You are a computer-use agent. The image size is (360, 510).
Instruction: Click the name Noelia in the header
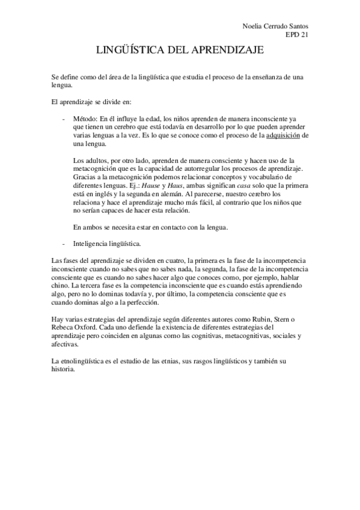(x=253, y=27)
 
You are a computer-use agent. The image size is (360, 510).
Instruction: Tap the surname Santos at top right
(x=304, y=27)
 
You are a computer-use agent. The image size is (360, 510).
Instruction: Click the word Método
(x=84, y=119)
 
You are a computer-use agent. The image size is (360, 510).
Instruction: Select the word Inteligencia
(x=90, y=244)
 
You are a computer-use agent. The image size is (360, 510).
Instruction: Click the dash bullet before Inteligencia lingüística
(x=64, y=244)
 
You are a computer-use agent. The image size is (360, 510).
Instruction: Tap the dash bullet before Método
(x=64, y=119)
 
